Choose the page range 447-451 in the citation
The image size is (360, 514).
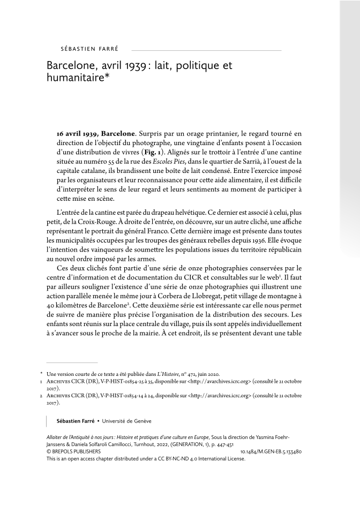[230, 444]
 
